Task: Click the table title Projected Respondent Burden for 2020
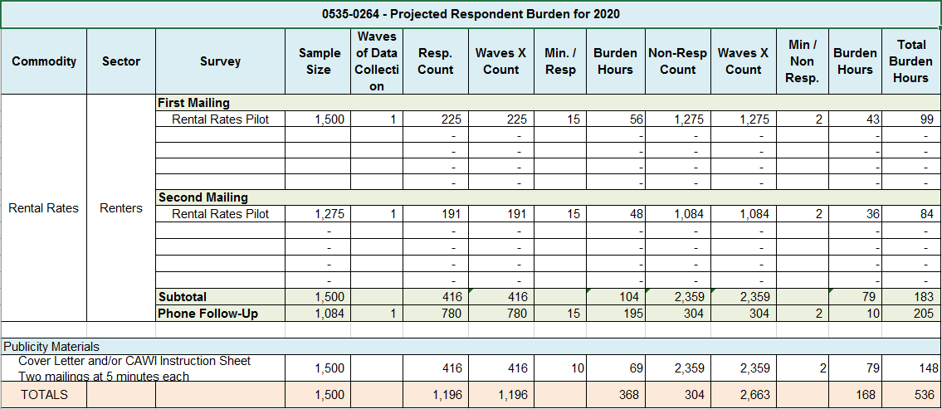(x=471, y=14)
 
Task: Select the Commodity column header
(x=44, y=61)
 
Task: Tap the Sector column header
(x=121, y=61)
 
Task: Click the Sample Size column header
(x=318, y=61)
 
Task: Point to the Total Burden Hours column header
(x=910, y=61)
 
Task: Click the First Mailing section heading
(x=194, y=103)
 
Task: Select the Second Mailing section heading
(x=203, y=197)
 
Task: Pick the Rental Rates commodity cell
(x=44, y=208)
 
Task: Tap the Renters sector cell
(x=121, y=208)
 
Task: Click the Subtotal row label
(x=183, y=297)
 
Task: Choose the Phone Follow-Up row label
(x=208, y=313)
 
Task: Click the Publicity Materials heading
(x=51, y=347)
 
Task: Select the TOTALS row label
(x=45, y=395)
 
